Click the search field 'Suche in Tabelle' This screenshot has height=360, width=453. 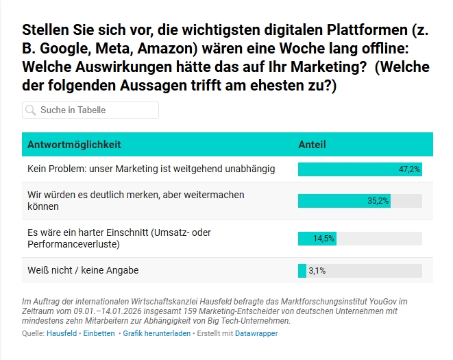coord(96,110)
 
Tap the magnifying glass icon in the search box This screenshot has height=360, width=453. coord(31,110)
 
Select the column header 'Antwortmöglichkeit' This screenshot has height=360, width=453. coord(74,145)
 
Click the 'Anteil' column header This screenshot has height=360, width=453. coord(312,145)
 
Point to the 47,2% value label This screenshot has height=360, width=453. coord(409,169)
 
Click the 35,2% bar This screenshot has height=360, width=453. coord(344,201)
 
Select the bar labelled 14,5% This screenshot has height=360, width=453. coord(317,239)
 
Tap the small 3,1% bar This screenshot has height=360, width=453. coord(302,271)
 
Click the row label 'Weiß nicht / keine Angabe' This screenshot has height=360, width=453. coord(83,270)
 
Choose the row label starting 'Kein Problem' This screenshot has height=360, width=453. coord(151,169)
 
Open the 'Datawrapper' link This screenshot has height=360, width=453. coord(256,333)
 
